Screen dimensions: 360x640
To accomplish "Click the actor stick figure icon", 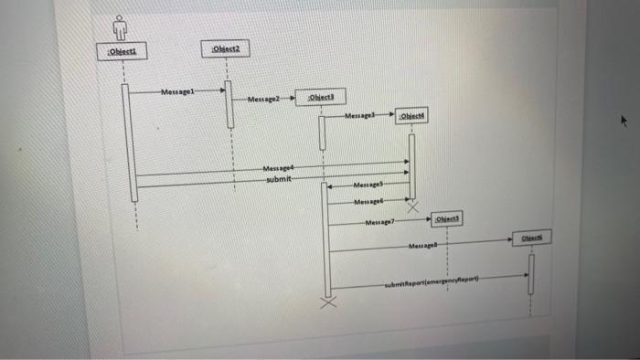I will click(118, 28).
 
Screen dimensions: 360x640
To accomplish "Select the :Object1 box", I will click(120, 52).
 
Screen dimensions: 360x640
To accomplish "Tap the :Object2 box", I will click(225, 49).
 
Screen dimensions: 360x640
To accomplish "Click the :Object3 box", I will click(320, 97).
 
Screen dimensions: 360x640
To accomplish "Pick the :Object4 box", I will click(414, 116).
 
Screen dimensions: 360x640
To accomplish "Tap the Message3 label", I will click(361, 116).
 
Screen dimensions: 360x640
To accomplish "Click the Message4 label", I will click(280, 168).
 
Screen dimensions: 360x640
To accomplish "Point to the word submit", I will click(280, 179).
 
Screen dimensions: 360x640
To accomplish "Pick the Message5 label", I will click(370, 186).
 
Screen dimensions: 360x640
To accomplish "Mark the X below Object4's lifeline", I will click(411, 207).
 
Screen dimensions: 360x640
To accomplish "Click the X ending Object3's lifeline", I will click(326, 302).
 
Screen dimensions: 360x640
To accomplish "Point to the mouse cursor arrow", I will click(624, 120).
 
